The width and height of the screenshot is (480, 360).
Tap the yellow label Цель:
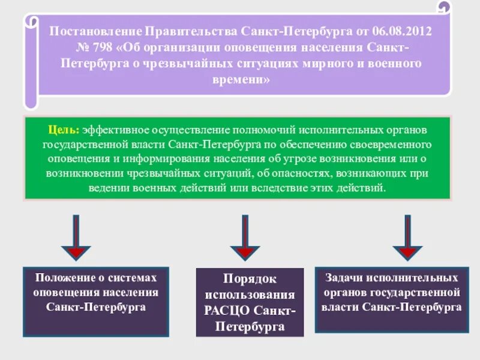coord(64,130)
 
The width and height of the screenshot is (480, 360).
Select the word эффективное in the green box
coord(112,130)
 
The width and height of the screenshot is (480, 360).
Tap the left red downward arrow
coord(77,240)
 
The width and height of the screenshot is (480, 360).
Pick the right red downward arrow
coord(407,240)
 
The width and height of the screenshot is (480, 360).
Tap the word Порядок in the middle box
coord(250,280)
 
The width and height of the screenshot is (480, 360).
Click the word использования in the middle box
coord(250,296)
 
